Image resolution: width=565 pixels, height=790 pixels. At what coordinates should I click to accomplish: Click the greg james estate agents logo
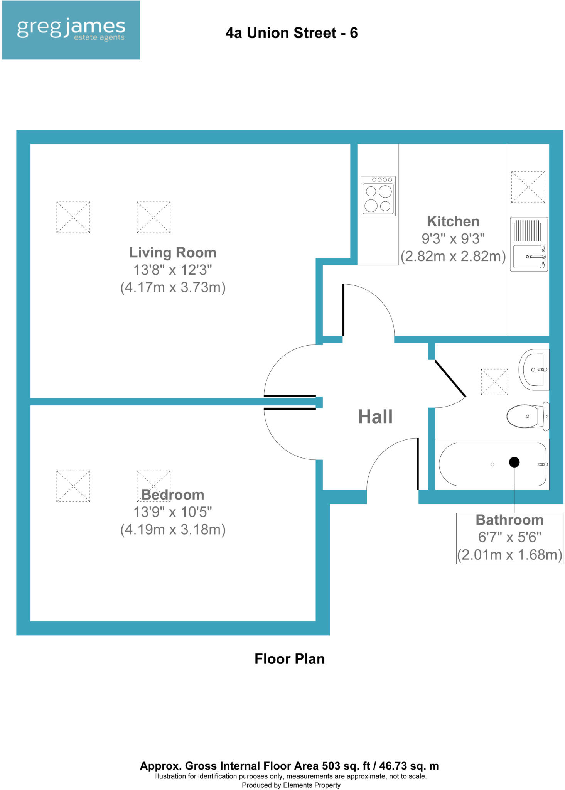tap(71, 30)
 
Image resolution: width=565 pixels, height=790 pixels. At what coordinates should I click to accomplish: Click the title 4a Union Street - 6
tap(291, 33)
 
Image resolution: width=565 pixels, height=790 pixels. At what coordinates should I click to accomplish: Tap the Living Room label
tap(172, 253)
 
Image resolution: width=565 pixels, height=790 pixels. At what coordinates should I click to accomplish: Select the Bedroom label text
tap(172, 495)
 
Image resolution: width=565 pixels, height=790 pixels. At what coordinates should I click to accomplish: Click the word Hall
tap(375, 417)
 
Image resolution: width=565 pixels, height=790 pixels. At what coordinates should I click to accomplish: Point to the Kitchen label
tap(453, 221)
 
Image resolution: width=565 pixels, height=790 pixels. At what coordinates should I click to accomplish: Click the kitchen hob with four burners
tap(378, 196)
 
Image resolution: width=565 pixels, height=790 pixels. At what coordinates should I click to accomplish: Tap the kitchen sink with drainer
tap(528, 244)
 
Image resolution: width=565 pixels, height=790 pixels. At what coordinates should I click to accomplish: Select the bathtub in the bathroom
tap(492, 464)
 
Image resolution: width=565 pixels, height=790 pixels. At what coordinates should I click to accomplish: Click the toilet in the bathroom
tap(526, 416)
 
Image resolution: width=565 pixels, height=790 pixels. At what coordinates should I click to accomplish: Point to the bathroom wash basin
tap(534, 370)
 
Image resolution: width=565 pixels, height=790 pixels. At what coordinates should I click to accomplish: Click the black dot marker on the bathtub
tap(514, 462)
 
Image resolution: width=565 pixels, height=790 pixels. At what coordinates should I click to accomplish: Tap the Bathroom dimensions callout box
tap(509, 538)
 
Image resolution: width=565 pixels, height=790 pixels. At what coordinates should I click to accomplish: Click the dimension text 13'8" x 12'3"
tap(172, 270)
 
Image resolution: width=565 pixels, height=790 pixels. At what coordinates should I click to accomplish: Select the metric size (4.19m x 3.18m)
tap(172, 530)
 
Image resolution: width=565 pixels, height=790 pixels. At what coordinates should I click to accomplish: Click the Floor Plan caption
tap(289, 659)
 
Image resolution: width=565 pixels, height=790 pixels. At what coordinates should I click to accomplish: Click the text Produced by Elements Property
tap(291, 785)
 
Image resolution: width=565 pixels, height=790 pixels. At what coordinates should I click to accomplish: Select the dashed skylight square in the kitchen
tap(528, 187)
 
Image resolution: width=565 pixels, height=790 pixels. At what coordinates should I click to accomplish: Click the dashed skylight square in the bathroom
tap(494, 381)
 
